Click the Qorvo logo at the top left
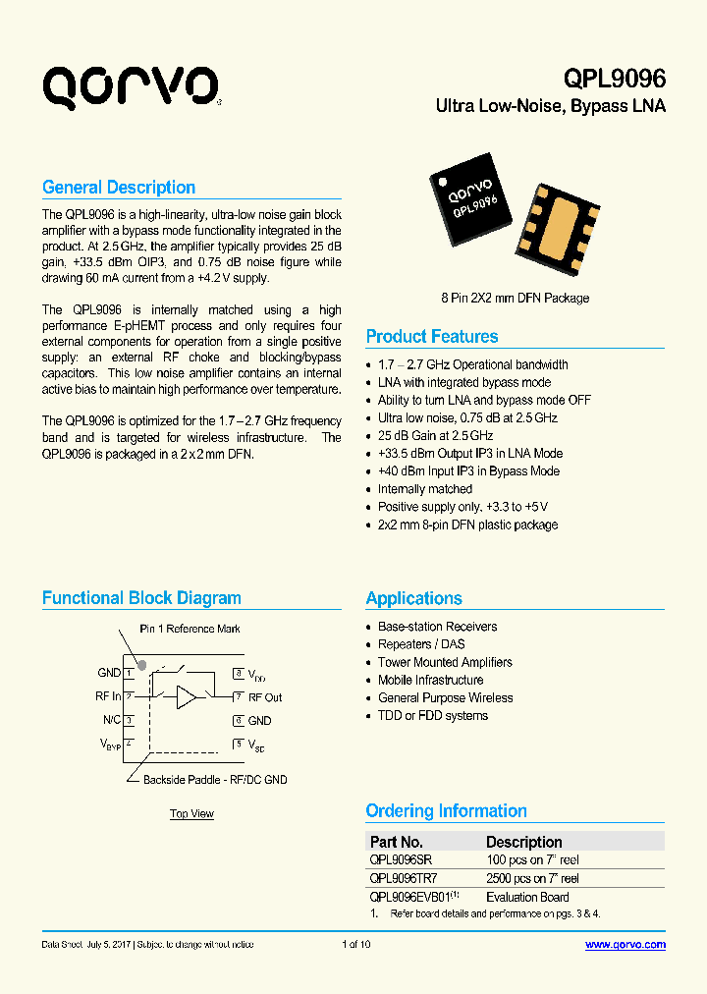[x=130, y=86]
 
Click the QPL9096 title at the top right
[x=614, y=80]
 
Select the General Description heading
[x=119, y=188]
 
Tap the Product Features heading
[x=432, y=337]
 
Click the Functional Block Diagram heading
[x=141, y=598]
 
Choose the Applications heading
[x=413, y=599]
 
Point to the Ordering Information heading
[x=446, y=811]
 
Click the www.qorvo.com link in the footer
[x=625, y=945]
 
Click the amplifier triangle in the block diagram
[x=187, y=697]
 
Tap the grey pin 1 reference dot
[x=141, y=665]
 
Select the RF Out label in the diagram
[x=265, y=697]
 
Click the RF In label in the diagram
[x=109, y=696]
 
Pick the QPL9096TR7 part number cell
[x=404, y=879]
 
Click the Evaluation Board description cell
[x=527, y=897]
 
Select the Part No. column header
[x=397, y=842]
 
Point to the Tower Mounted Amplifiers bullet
[x=445, y=662]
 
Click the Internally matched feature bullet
[x=425, y=489]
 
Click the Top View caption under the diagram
[x=191, y=813]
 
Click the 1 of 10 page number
[x=355, y=945]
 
